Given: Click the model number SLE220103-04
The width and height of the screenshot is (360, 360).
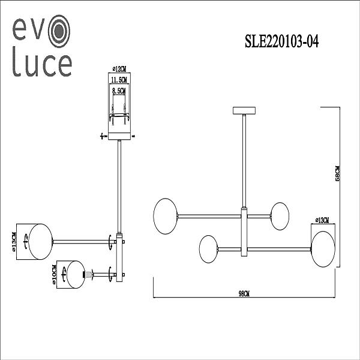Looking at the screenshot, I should (281, 41).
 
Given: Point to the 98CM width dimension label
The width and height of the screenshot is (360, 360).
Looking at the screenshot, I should (244, 293).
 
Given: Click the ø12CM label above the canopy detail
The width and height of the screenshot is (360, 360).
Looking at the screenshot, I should (121, 70).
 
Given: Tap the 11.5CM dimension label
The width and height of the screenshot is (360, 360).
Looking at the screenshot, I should (121, 79).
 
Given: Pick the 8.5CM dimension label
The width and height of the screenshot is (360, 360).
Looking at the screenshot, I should (120, 91).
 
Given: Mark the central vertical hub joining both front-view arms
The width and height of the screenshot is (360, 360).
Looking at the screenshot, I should (244, 231).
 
